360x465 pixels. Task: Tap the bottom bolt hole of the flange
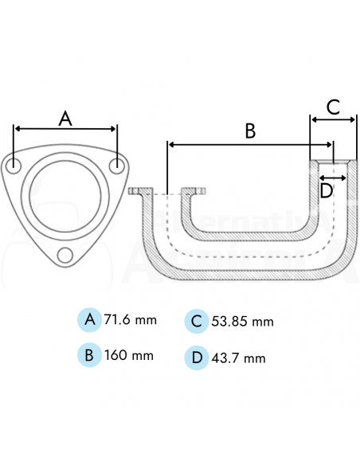(x=66, y=255)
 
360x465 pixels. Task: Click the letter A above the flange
(x=66, y=119)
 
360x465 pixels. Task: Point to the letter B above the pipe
(x=249, y=131)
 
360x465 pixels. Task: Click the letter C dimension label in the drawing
(x=333, y=106)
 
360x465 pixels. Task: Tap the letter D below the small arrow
(x=326, y=190)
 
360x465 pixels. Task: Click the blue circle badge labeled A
(x=90, y=320)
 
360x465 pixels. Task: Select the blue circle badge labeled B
(x=90, y=354)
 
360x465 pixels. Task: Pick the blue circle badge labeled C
(x=197, y=321)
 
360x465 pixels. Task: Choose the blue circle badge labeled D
(x=197, y=358)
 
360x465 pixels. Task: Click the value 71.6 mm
(x=131, y=320)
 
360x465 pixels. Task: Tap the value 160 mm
(x=128, y=354)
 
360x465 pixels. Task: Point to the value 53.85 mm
(x=243, y=322)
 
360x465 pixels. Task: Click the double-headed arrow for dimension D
(x=333, y=177)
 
